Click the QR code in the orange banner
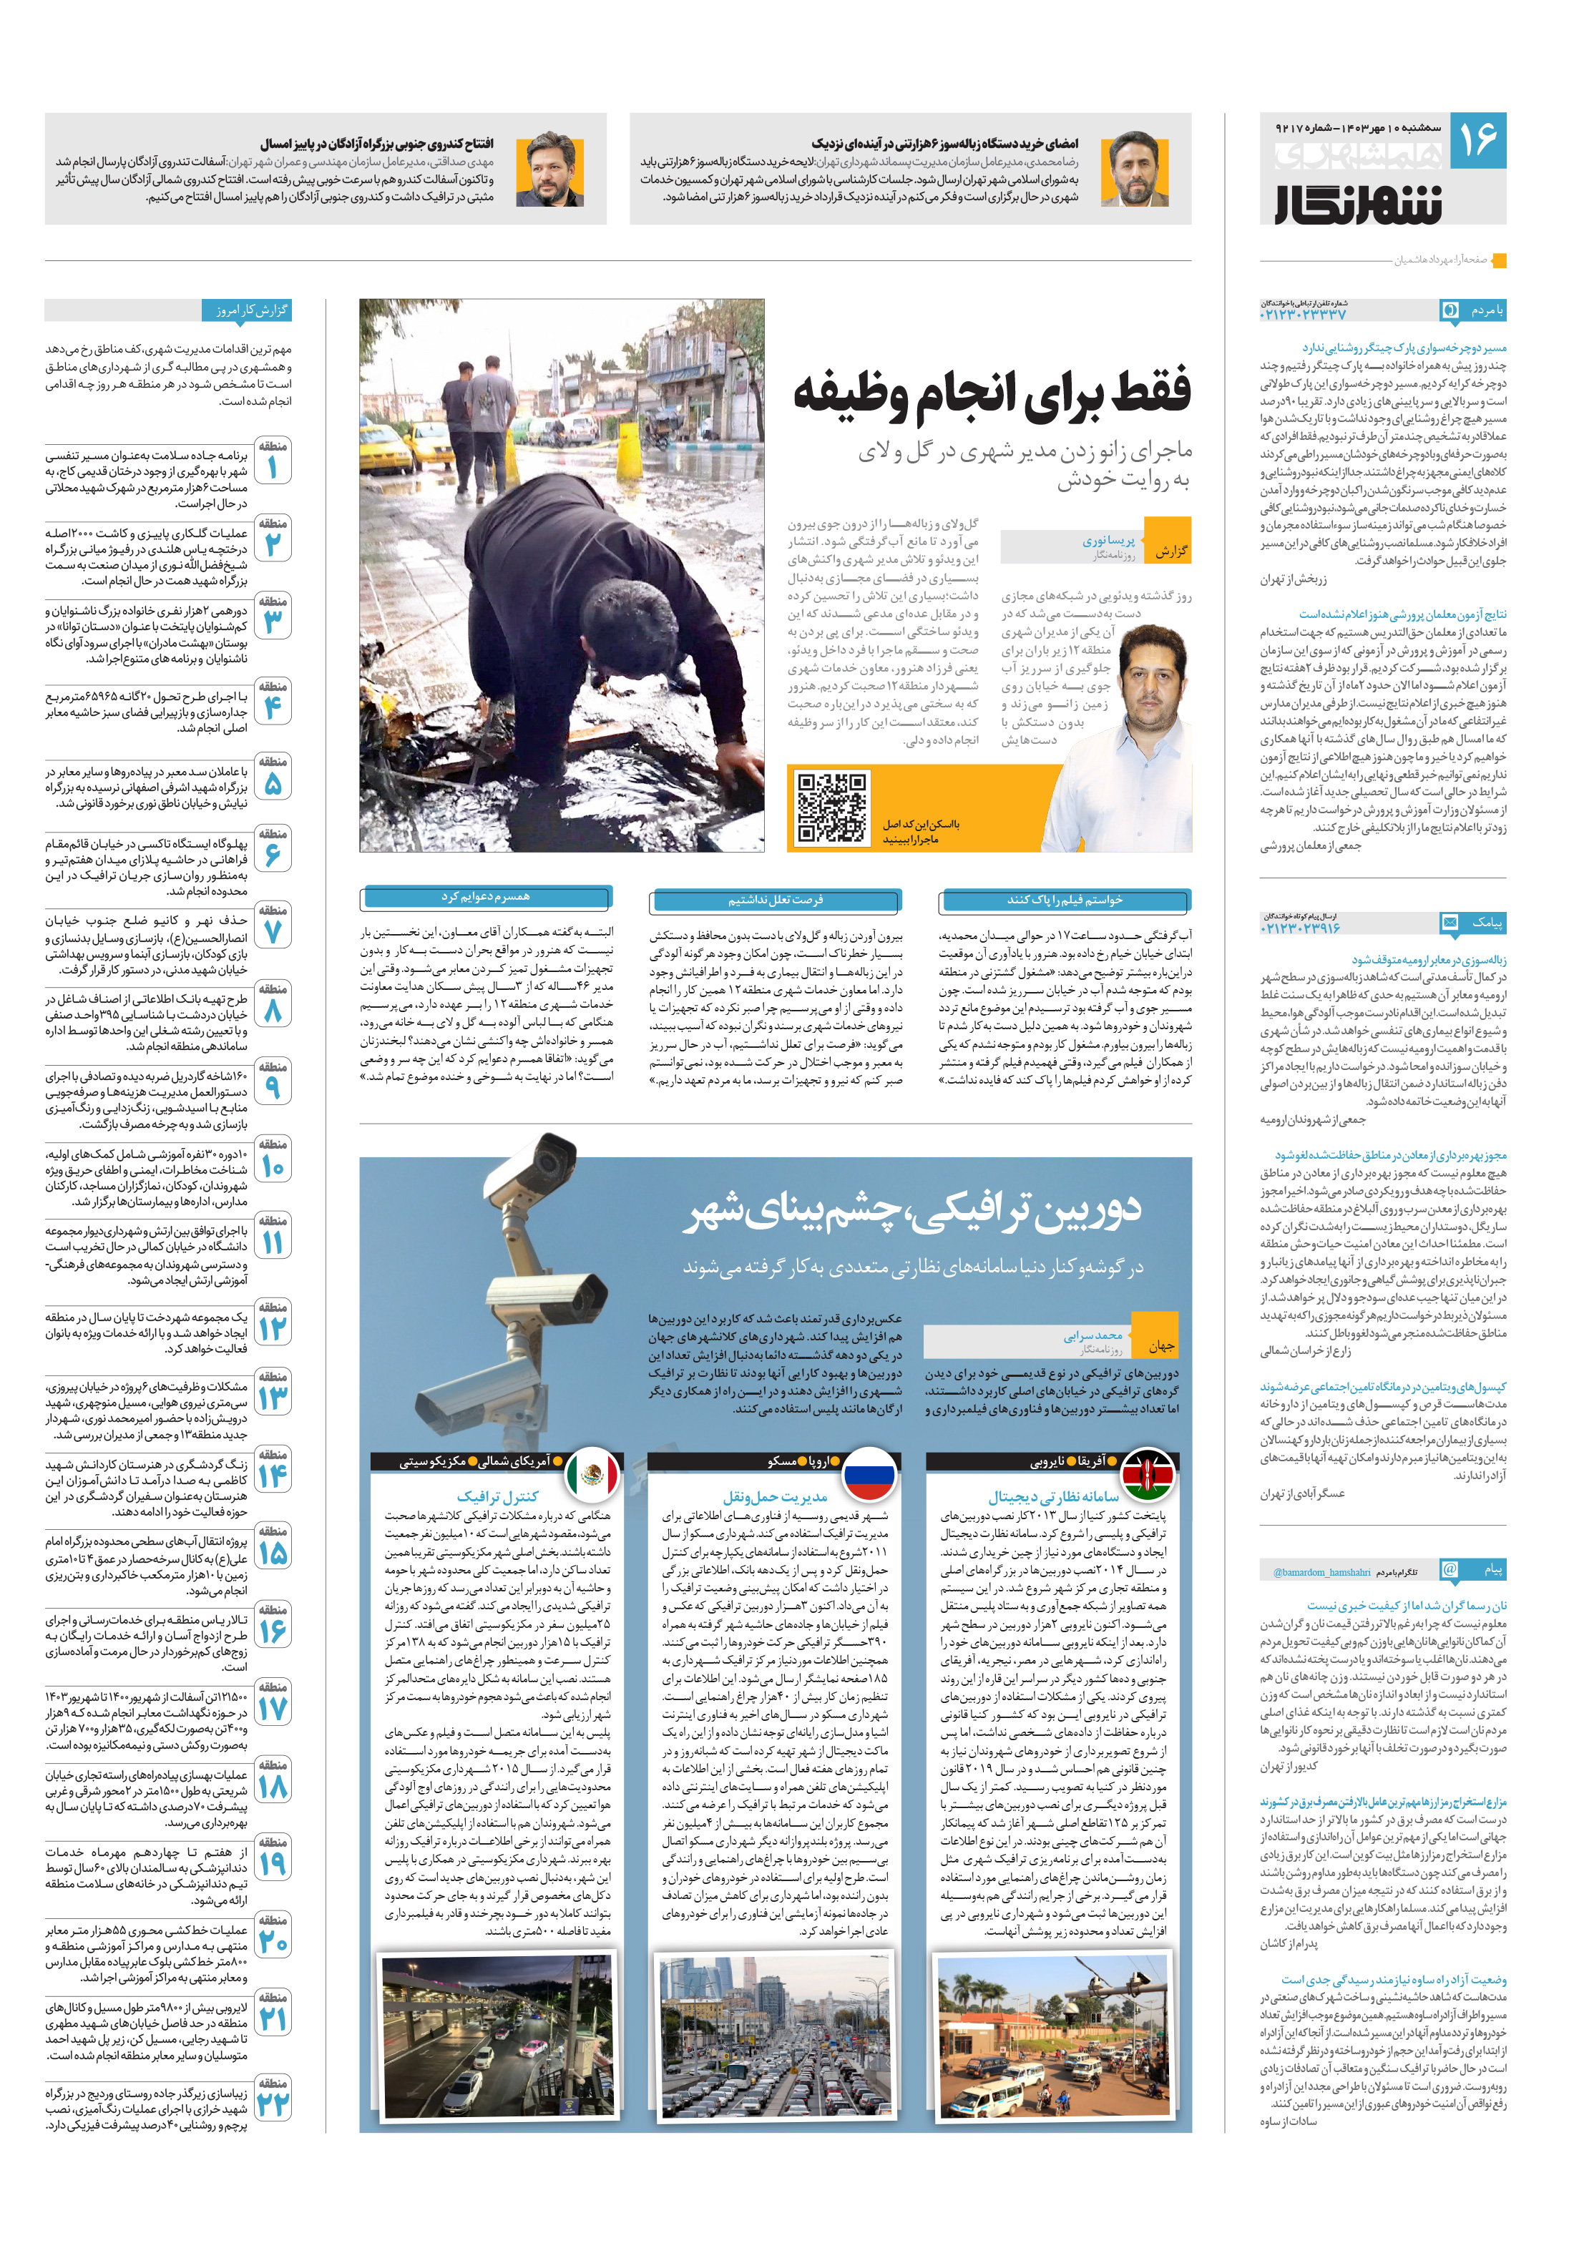[831, 807]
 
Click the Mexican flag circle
[592, 1473]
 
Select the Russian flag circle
[870, 1473]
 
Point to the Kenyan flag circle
[1147, 1473]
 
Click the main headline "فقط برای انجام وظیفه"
[991, 393]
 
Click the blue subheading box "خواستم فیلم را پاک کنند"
[1065, 899]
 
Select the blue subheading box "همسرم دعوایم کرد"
[486, 897]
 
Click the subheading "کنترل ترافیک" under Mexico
[497, 1496]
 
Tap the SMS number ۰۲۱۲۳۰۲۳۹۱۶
[1301, 927]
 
